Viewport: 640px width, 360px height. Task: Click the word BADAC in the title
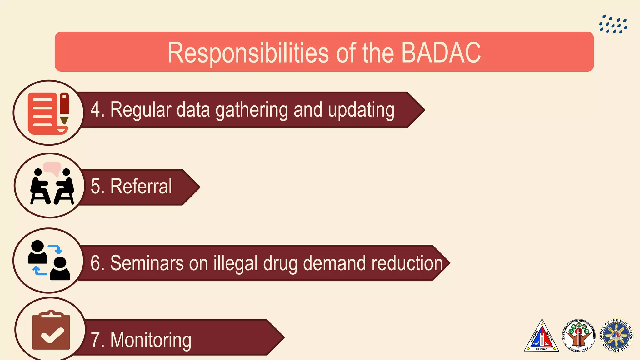[441, 53]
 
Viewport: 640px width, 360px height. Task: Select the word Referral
[141, 186]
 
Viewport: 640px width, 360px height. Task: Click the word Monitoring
[151, 340]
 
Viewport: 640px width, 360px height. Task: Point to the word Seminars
[147, 263]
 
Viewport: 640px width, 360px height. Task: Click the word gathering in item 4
[252, 110]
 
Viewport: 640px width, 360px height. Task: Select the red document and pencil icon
[48, 113]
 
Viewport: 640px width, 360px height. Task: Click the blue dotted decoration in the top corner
[613, 24]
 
